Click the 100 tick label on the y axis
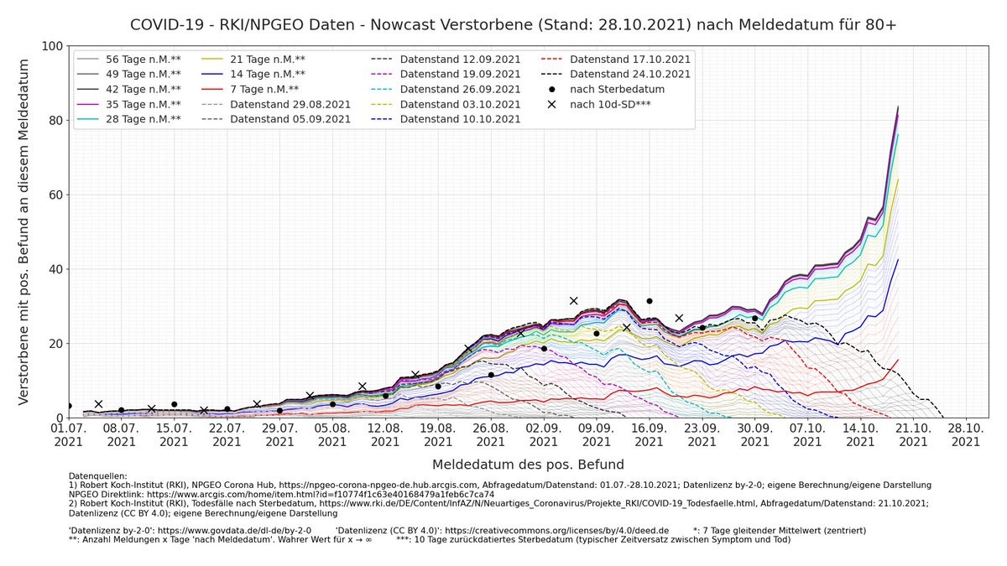pos(52,45)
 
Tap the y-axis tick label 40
pos(55,269)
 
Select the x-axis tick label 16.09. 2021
pos(649,434)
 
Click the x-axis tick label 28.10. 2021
pos(966,434)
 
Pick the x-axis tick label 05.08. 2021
pos(332,434)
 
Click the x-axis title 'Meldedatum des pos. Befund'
pos(528,464)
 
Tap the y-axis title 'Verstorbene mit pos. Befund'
pos(24,231)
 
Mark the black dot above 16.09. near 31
pos(649,301)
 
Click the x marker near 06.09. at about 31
pos(574,300)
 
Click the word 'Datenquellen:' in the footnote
pos(97,476)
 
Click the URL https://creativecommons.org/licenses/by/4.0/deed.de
pos(556,531)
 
